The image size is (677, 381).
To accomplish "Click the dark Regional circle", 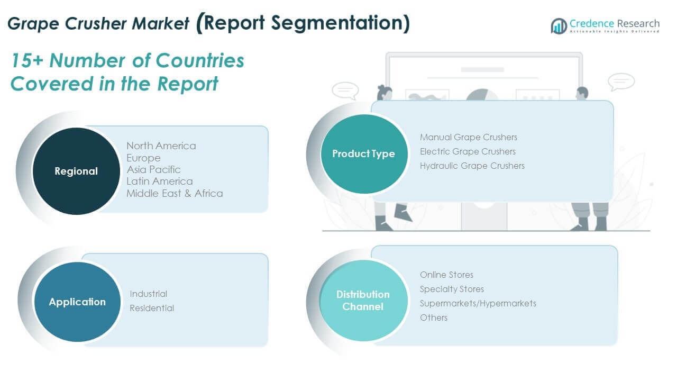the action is point(76,171).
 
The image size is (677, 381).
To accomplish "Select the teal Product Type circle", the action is point(364,153).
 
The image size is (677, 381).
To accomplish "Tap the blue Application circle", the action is point(77,302).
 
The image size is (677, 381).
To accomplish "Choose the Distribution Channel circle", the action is point(363,301).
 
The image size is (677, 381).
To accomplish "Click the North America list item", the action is point(161,146).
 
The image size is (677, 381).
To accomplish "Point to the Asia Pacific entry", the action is point(153,170).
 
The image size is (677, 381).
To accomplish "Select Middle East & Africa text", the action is point(175,193).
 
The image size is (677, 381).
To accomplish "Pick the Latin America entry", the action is point(160,182).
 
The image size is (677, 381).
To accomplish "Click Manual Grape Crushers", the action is point(469,137).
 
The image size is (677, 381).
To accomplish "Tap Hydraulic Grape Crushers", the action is point(472,166).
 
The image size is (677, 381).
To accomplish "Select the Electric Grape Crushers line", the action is point(468,151).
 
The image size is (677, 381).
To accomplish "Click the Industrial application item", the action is point(149,294).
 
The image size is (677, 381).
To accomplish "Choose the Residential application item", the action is point(152,308).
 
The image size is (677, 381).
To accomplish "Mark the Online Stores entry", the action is point(447,275).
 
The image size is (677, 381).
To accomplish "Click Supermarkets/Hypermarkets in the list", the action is point(478,303).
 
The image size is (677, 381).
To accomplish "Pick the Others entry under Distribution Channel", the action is point(434,317).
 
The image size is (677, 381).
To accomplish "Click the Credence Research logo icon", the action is point(559,26).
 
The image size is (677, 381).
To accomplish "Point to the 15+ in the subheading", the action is point(27,60).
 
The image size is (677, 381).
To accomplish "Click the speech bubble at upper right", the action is point(621,81).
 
